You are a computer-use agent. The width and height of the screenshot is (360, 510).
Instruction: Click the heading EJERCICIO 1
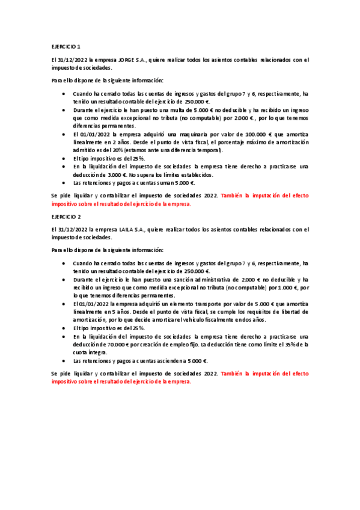coord(65,46)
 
